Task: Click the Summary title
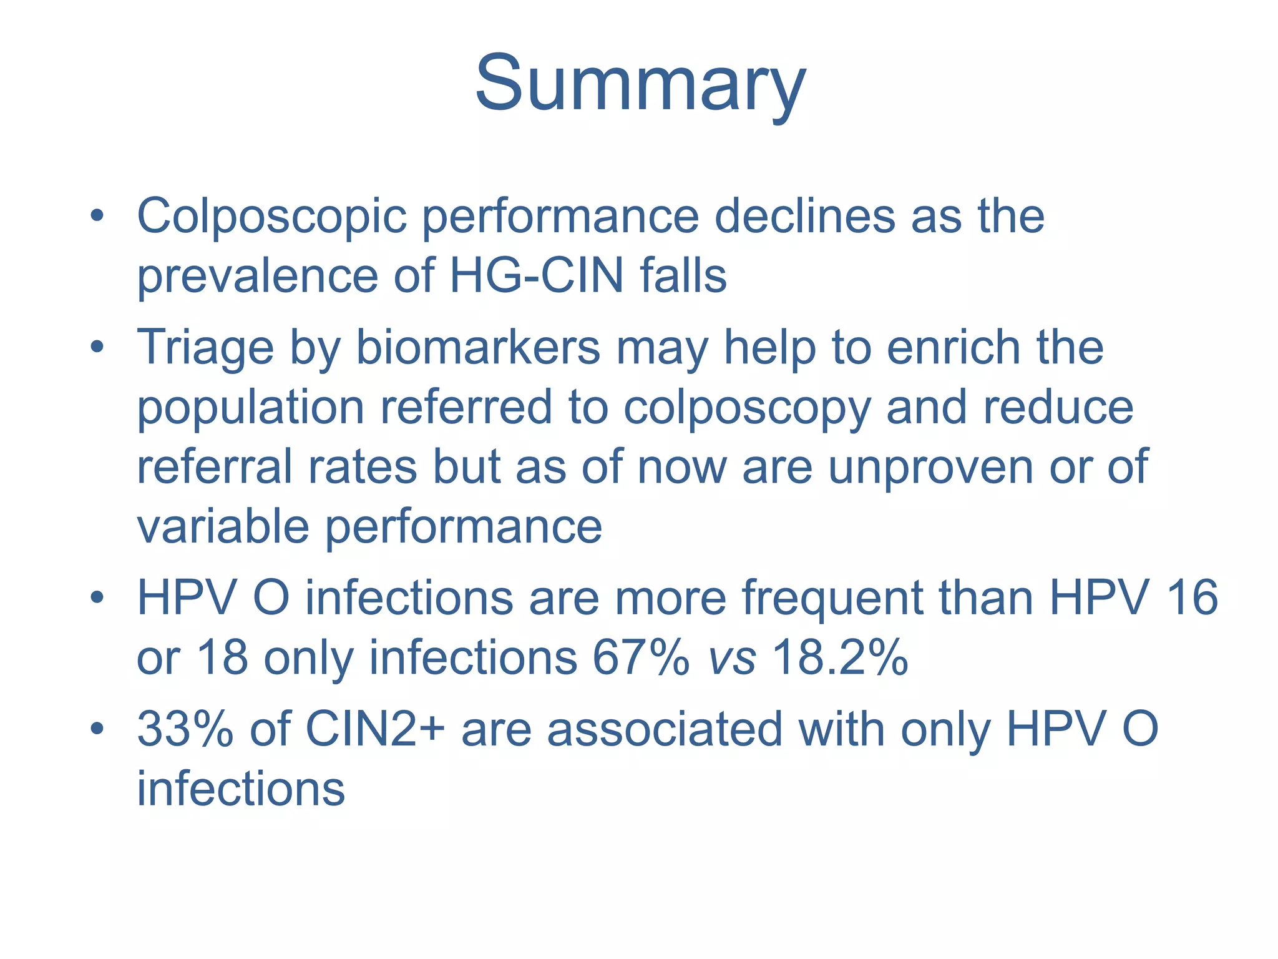pyautogui.click(x=640, y=84)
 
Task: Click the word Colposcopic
pyautogui.click(x=271, y=217)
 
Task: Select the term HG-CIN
pyautogui.click(x=536, y=276)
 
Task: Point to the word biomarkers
pyautogui.click(x=477, y=348)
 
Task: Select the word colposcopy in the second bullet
pyautogui.click(x=747, y=408)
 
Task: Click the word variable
pyautogui.click(x=223, y=526)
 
